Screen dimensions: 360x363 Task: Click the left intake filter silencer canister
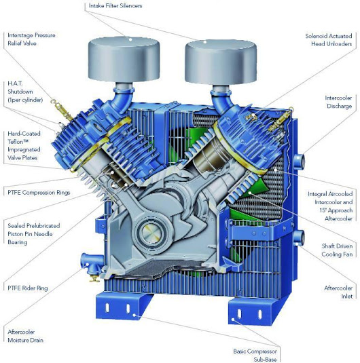[124, 60]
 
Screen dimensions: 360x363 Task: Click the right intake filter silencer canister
[221, 62]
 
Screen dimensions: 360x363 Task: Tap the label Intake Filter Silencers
[115, 6]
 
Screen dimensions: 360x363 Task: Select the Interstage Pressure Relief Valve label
[31, 39]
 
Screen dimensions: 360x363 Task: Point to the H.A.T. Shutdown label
[25, 92]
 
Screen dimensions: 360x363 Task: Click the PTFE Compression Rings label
[39, 193]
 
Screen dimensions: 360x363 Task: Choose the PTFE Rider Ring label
[28, 288]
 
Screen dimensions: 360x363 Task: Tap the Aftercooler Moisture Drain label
[26, 336]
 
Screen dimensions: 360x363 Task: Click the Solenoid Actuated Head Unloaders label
[329, 40]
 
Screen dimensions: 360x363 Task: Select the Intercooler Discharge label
[338, 102]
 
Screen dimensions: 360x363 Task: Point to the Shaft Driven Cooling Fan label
[337, 250]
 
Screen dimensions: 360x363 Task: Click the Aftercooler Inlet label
[338, 292]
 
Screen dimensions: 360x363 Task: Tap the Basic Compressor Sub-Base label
[255, 356]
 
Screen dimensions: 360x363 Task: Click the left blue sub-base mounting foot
[124, 306]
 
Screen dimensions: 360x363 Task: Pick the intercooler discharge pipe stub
[299, 161]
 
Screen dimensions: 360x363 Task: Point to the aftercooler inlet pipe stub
[299, 238]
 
